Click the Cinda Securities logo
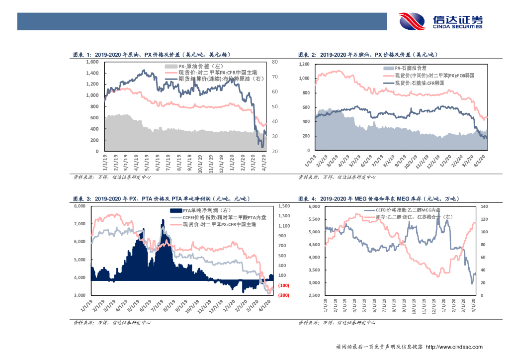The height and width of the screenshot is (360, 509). pos(440,21)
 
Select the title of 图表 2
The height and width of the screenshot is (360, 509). pos(370,55)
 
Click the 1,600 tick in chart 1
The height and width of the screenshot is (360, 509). pos(93,62)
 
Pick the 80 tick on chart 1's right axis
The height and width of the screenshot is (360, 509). pos(275,62)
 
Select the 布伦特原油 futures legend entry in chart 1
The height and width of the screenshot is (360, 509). pos(214,79)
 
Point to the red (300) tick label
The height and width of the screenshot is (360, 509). pos(284,295)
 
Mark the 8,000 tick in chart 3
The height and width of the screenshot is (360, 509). pos(80,206)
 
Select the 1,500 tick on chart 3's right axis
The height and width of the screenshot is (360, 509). pos(284,206)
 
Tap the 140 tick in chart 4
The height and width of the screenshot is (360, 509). pos(484,206)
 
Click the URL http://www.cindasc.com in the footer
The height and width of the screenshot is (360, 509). pos(454,347)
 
